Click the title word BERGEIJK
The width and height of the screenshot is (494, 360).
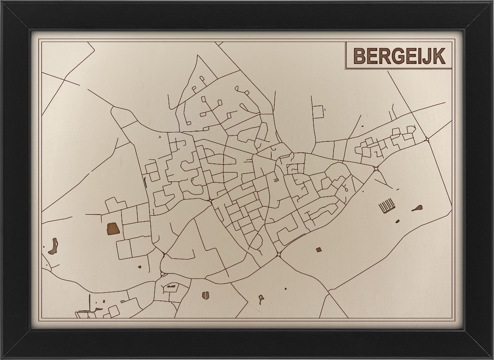point(399,56)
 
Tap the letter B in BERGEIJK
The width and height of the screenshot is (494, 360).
point(360,56)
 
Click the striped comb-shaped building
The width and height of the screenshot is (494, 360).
point(387,206)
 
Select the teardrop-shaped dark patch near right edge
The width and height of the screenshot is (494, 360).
point(417,208)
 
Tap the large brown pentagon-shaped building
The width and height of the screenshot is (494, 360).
point(113,229)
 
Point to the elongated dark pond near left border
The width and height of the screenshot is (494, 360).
point(53,246)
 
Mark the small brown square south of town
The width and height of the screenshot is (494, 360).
point(318,249)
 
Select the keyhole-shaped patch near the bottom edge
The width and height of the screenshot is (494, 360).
point(261,299)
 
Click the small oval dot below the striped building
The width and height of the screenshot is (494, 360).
point(397,222)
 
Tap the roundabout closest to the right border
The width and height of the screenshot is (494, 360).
point(428,139)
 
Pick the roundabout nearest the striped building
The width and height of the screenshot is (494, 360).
point(376,168)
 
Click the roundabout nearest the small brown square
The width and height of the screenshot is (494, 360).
point(279,254)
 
